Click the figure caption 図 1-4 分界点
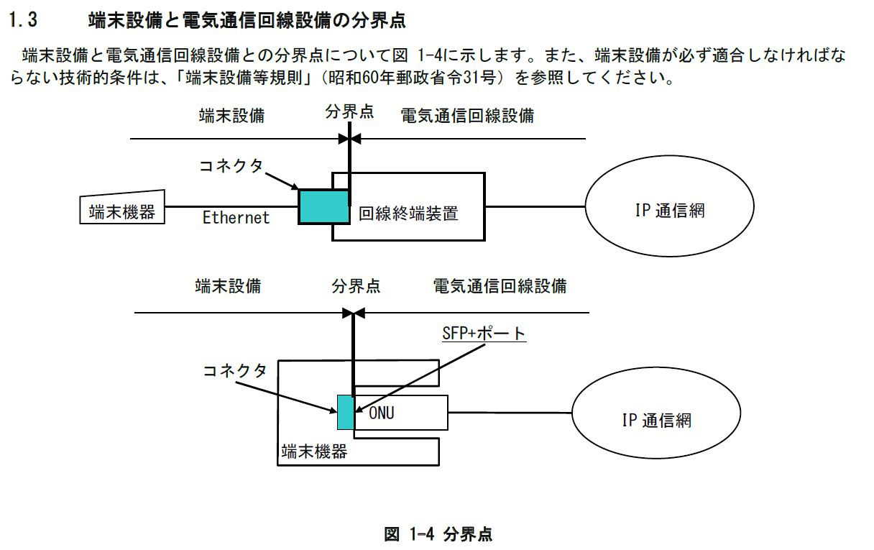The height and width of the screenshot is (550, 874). click(x=438, y=534)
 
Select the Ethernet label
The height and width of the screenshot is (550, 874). click(x=236, y=217)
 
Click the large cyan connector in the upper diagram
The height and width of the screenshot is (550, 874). click(x=323, y=206)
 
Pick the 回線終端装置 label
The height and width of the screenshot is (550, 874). click(x=408, y=213)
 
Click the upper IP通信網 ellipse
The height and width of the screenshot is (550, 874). click(x=670, y=210)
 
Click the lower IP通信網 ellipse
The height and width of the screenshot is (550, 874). click(x=656, y=420)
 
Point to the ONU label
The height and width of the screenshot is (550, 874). click(x=382, y=413)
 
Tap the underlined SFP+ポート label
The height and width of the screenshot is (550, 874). click(x=484, y=334)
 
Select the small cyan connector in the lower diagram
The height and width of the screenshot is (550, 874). click(x=345, y=412)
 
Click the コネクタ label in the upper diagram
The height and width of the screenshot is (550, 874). click(x=231, y=165)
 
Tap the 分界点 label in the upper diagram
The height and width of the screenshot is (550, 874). click(x=349, y=112)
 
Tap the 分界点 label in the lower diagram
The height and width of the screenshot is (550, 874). click(x=356, y=286)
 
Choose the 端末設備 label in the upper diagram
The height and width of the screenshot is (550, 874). click(x=231, y=115)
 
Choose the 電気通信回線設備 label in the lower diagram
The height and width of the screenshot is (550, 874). click(x=500, y=286)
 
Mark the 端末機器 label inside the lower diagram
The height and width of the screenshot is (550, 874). click(x=314, y=451)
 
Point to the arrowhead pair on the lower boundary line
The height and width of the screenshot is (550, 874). click(x=354, y=313)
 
